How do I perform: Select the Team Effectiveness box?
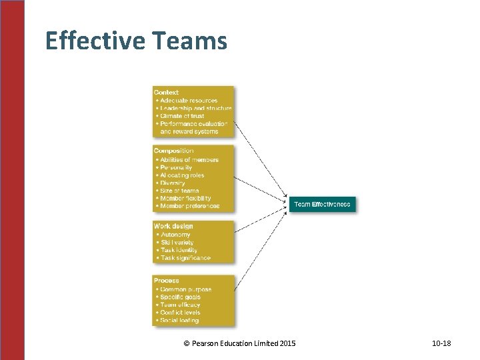pyautogui.click(x=323, y=204)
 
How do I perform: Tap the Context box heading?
pyautogui.click(x=167, y=92)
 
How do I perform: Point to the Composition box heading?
pyautogui.click(x=174, y=151)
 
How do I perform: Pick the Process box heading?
pyautogui.click(x=167, y=281)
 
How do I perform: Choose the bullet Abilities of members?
pyautogui.click(x=189, y=160)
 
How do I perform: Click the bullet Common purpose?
pyautogui.click(x=186, y=289)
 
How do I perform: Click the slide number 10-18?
pyautogui.click(x=441, y=343)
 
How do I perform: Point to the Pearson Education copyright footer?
pyautogui.click(x=239, y=343)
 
